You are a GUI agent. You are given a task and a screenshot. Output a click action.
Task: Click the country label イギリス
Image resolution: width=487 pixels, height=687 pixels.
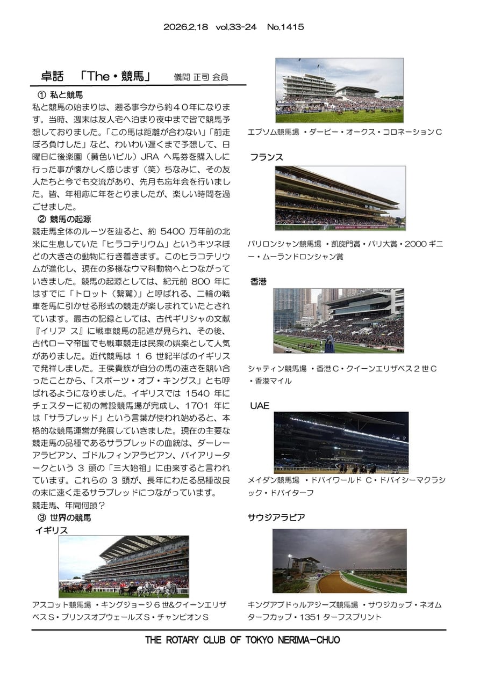(52, 530)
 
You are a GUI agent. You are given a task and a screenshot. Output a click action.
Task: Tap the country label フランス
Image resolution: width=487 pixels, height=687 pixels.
(266, 157)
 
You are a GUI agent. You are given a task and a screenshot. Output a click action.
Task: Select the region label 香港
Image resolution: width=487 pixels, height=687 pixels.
(259, 281)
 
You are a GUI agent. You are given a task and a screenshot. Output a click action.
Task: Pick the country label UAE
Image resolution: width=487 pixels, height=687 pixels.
(260, 406)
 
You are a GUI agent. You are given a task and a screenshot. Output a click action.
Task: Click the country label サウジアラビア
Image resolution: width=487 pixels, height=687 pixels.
(276, 517)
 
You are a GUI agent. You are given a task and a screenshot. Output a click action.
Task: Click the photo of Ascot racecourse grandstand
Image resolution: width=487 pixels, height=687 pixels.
(124, 566)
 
